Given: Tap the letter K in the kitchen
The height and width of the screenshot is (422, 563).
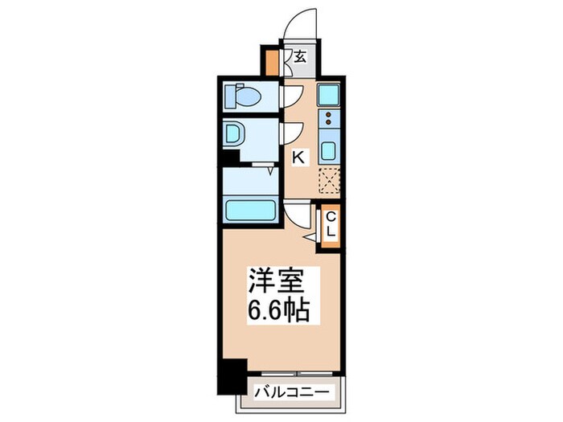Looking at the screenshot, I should point(298,158).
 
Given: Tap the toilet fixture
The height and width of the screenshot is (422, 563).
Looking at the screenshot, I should point(244,98).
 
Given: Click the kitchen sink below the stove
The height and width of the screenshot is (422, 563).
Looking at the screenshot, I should point(329,150).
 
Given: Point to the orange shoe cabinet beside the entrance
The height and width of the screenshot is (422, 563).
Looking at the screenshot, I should point(272,60).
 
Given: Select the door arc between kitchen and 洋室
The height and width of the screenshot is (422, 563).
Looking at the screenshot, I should point(298,214).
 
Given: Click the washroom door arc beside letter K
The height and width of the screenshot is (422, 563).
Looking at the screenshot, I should point(290,133).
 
